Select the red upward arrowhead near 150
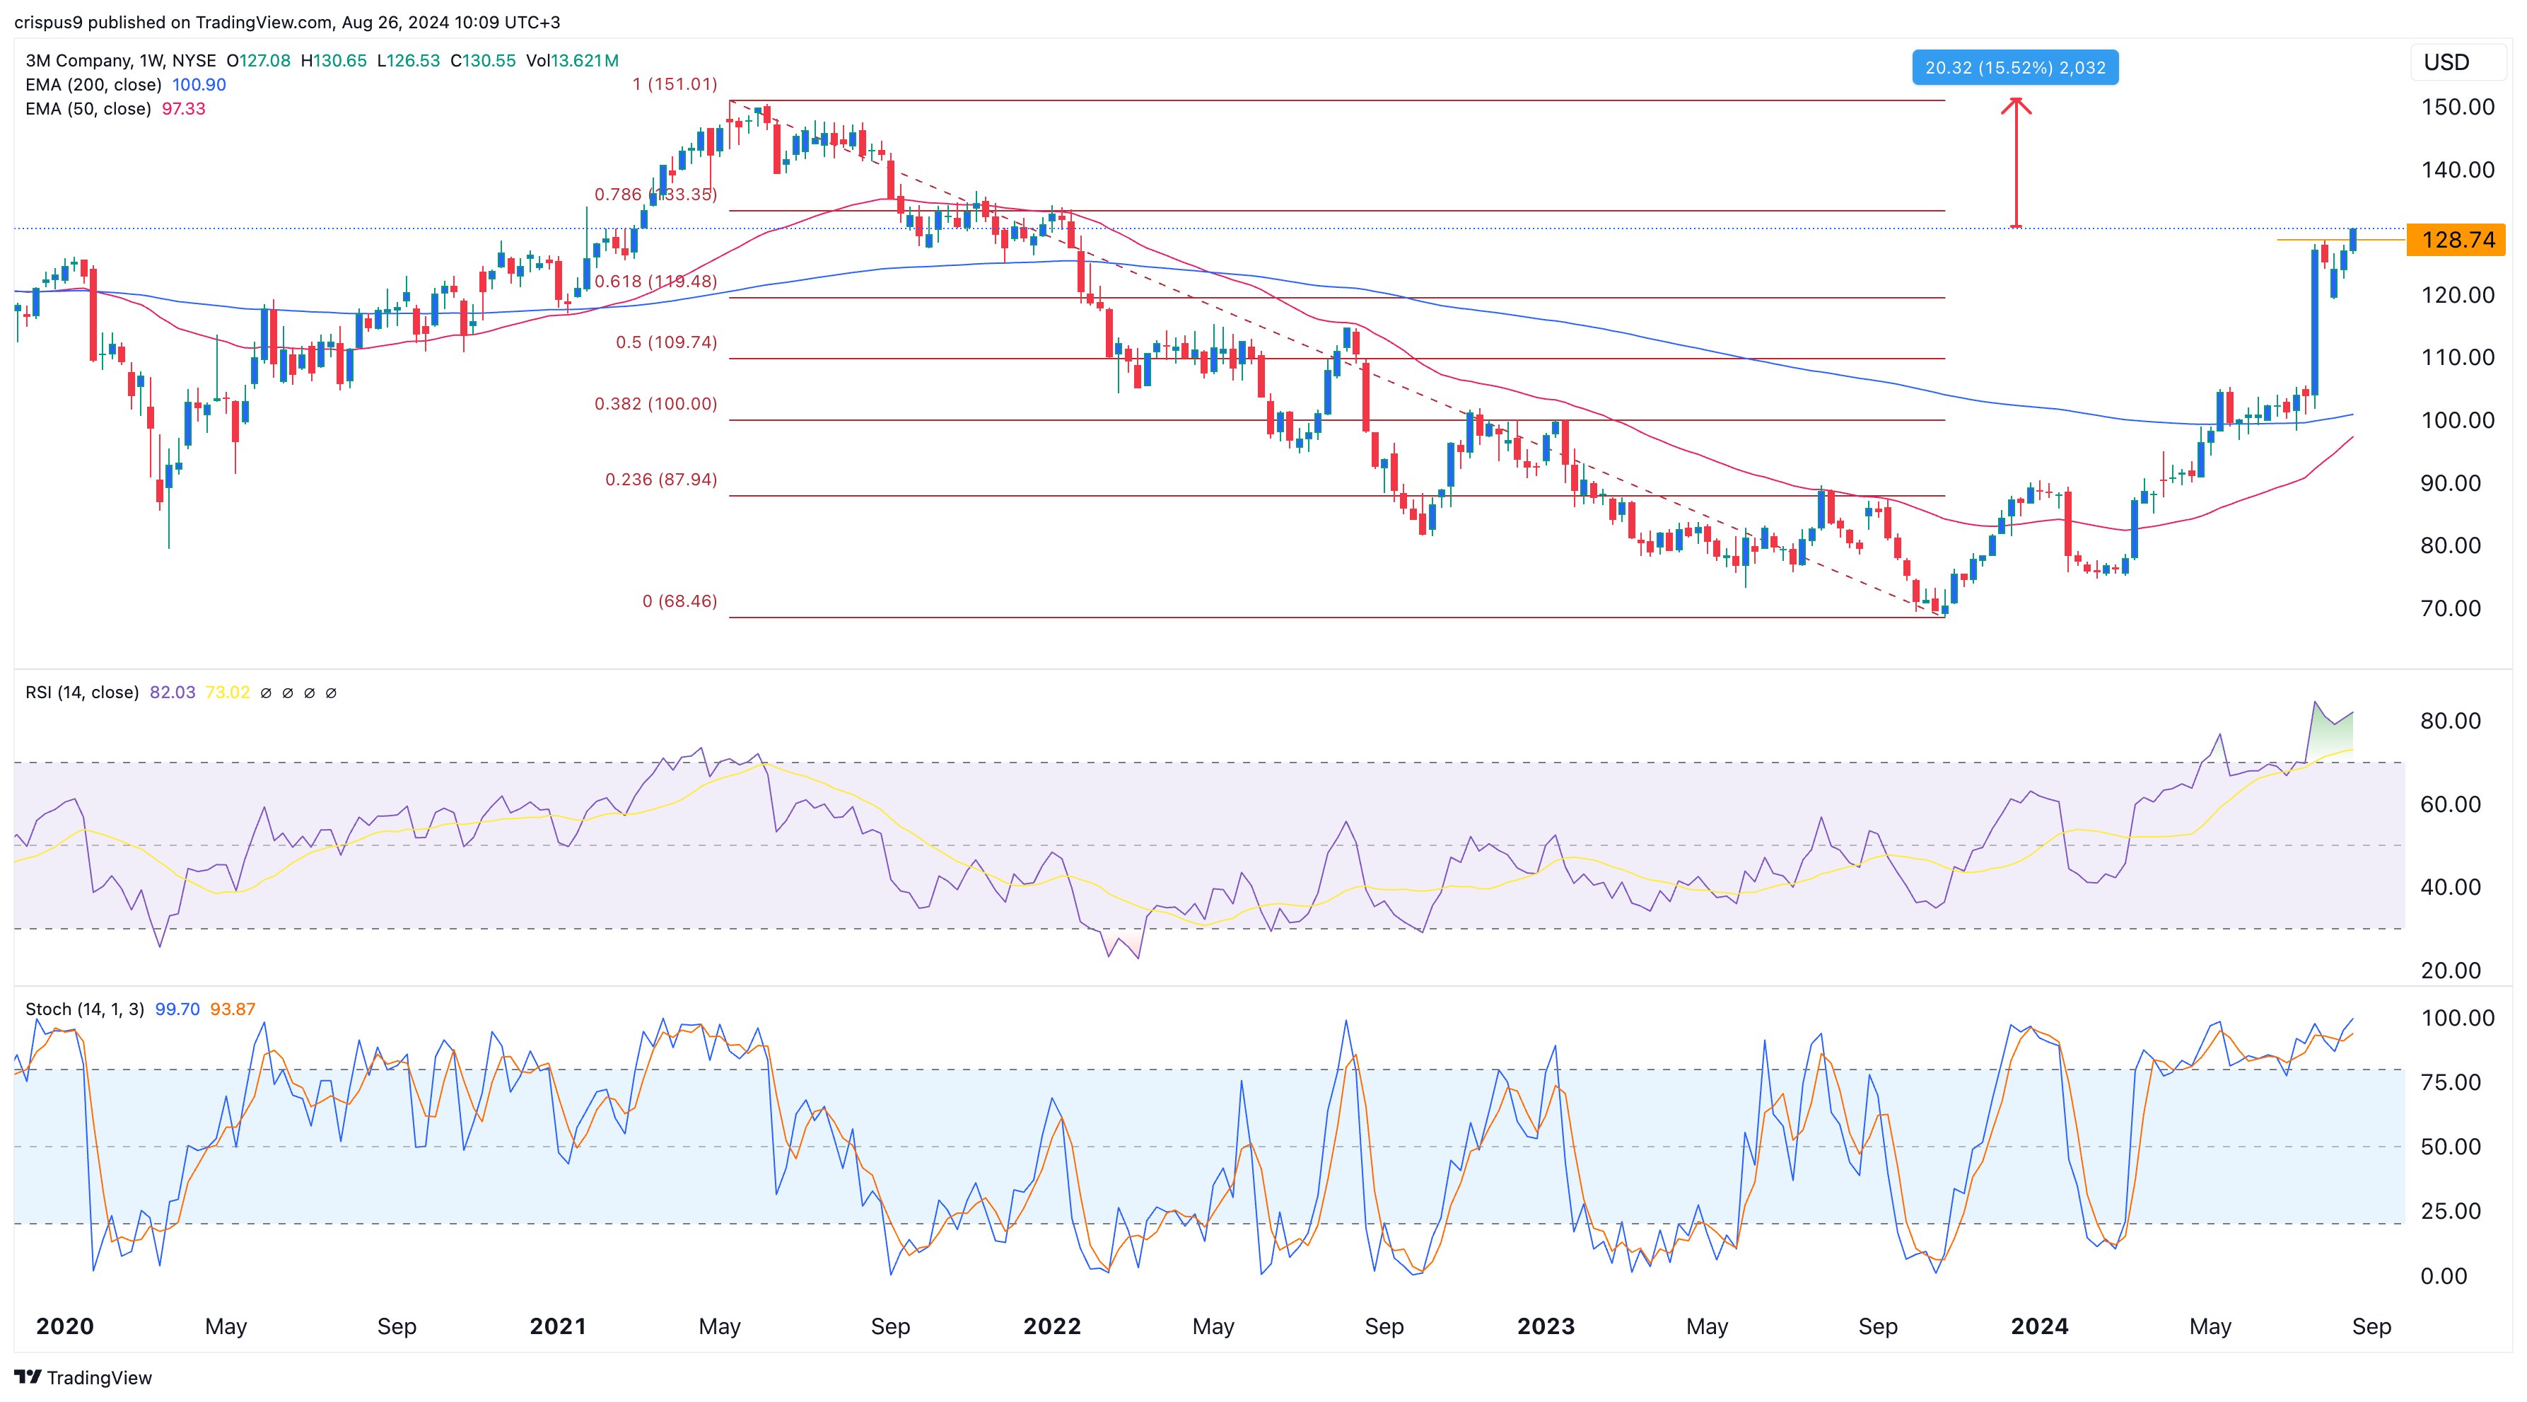[2016, 104]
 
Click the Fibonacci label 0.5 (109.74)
[666, 342]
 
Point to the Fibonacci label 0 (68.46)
[679, 601]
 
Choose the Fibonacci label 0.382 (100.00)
[655, 404]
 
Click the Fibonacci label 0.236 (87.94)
[660, 480]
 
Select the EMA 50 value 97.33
[183, 109]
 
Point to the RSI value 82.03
[172, 693]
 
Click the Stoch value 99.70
[177, 1009]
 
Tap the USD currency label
[2446, 63]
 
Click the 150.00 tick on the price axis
[2456, 107]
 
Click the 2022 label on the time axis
[1051, 1326]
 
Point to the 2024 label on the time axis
[2038, 1326]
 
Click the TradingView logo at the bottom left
[83, 1377]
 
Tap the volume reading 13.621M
[585, 61]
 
